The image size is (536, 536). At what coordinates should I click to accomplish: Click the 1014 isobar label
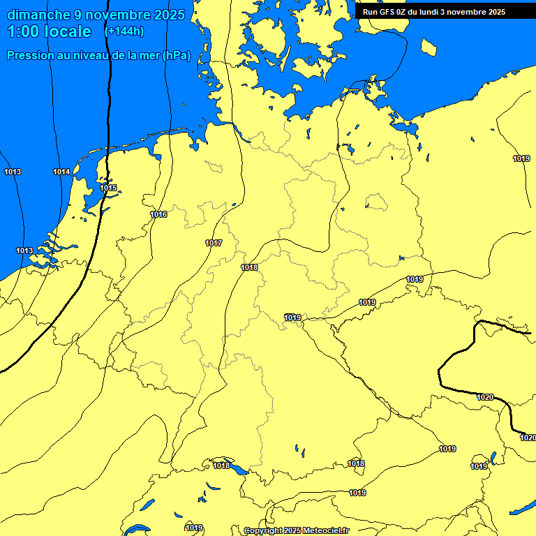pos(61,172)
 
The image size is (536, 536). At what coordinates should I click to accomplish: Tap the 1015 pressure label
pos(108,188)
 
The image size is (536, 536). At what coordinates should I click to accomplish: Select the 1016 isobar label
pos(159,214)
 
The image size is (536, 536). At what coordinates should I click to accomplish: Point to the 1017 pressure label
pos(214,243)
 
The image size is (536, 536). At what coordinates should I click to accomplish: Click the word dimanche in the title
pos(38,15)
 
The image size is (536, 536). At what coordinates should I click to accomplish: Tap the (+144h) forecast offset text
pos(124,31)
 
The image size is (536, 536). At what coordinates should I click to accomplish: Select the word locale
pos(66,31)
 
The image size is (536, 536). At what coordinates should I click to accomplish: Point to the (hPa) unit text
pos(176,56)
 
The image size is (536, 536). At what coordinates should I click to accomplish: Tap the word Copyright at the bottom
pos(262,531)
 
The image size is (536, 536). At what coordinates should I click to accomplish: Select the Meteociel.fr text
pos(325,531)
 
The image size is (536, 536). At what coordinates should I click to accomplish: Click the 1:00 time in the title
pos(23,31)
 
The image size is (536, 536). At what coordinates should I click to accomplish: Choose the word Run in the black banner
pos(370,12)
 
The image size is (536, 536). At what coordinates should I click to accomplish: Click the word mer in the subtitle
pos(149,56)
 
